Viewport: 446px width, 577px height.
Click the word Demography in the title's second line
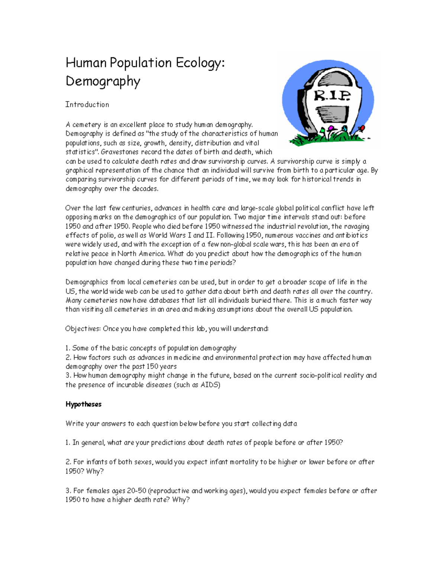(103, 81)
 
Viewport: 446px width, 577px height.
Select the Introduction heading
(87, 105)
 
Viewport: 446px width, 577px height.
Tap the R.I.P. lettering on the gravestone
(332, 96)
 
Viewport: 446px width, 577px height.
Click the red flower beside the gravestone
(360, 129)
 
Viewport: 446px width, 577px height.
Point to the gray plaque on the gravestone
(332, 113)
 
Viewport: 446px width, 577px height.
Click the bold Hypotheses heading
(84, 404)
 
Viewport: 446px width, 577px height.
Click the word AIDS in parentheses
(209, 385)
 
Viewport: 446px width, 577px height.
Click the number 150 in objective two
(152, 367)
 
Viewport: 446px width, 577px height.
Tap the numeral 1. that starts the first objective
(68, 349)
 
